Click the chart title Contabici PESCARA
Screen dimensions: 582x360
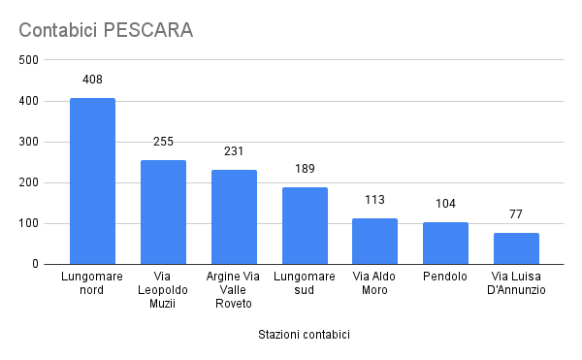click(106, 30)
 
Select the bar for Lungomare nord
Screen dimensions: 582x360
click(92, 181)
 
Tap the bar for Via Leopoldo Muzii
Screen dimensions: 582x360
click(163, 213)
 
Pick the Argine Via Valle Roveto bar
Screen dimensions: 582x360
click(234, 217)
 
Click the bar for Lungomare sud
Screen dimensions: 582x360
click(305, 226)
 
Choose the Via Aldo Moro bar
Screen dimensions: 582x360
click(374, 242)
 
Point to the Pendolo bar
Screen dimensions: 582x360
click(445, 244)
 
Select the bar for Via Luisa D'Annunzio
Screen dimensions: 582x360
click(516, 248)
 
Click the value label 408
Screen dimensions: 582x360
click(92, 80)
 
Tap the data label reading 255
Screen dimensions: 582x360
click(163, 142)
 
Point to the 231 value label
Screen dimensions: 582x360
click(234, 151)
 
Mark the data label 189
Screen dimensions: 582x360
click(305, 169)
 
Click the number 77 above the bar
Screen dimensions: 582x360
click(516, 214)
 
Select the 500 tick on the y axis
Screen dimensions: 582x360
click(28, 60)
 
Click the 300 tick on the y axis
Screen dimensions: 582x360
click(28, 142)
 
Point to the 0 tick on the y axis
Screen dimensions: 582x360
click(35, 264)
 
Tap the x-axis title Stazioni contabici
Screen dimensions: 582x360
click(304, 335)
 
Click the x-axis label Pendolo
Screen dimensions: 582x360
click(445, 277)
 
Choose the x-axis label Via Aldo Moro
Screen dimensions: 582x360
click(374, 282)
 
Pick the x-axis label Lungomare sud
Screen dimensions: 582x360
click(305, 282)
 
